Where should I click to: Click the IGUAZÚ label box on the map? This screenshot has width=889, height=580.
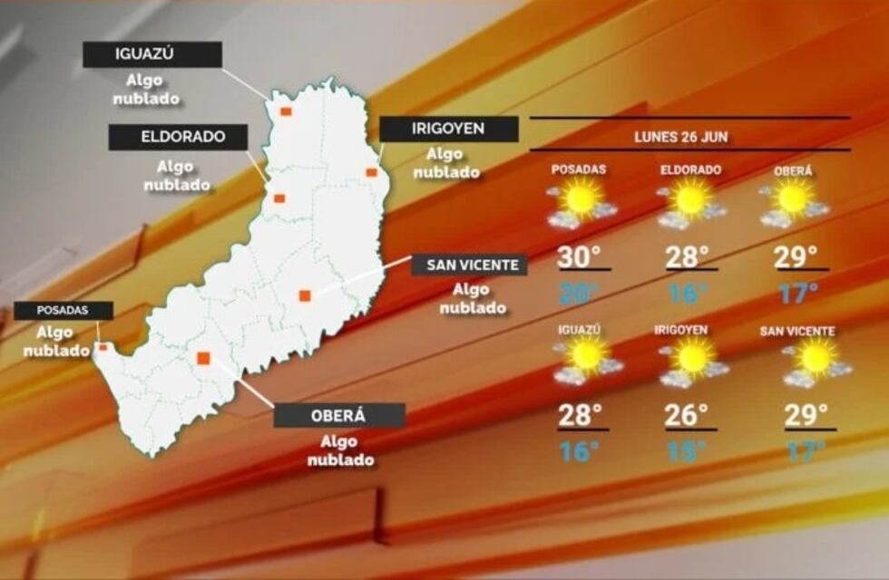click(151, 54)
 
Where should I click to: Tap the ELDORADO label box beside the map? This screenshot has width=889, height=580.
click(178, 138)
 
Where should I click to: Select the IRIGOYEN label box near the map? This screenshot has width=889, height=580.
click(448, 130)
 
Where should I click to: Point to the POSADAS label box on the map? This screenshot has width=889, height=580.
click(63, 310)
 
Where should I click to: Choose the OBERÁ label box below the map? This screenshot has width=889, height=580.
click(339, 416)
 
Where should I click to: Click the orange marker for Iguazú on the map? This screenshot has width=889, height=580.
click(285, 111)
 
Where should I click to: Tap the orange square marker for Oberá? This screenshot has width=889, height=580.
click(203, 358)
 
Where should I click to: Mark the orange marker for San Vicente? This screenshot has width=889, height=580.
click(305, 295)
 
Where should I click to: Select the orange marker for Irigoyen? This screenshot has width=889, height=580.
click(371, 172)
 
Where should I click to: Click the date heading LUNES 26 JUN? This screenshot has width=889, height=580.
click(689, 138)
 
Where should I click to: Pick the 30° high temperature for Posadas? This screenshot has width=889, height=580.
click(580, 257)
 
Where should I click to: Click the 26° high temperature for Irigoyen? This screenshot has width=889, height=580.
click(687, 415)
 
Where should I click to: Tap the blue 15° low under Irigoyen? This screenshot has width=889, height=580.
click(687, 451)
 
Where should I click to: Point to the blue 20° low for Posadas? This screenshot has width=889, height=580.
click(580, 293)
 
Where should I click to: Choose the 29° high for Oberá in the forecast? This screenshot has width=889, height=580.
click(796, 257)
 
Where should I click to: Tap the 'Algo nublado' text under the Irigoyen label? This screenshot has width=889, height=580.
click(447, 163)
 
